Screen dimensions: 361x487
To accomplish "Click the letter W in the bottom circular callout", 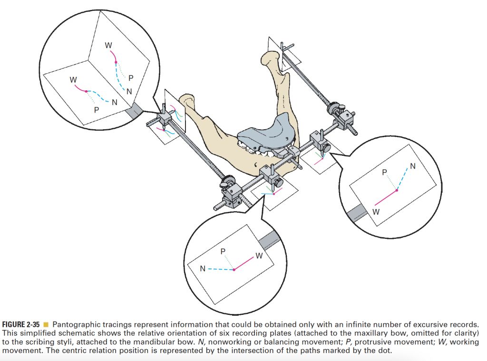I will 259,256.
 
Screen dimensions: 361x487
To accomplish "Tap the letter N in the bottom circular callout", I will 203,269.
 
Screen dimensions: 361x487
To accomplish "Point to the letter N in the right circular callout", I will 412,166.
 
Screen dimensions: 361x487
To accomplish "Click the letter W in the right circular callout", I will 376,211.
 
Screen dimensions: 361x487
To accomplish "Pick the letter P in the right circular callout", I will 385,172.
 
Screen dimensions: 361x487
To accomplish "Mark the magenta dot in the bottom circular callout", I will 234,270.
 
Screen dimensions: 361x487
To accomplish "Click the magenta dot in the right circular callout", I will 397,190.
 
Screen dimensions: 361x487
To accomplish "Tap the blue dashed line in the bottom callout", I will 220,269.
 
